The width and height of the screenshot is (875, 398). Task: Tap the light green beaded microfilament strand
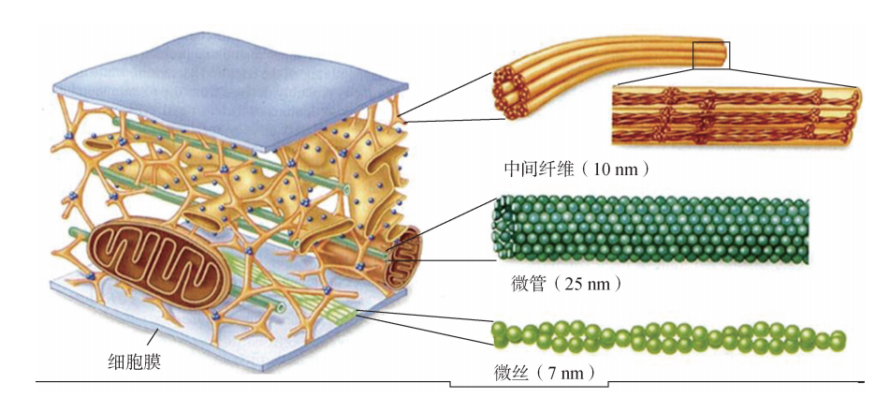click(x=664, y=335)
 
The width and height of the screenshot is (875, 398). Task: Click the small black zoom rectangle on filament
click(x=710, y=54)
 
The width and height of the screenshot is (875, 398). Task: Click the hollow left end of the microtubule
click(x=503, y=229)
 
